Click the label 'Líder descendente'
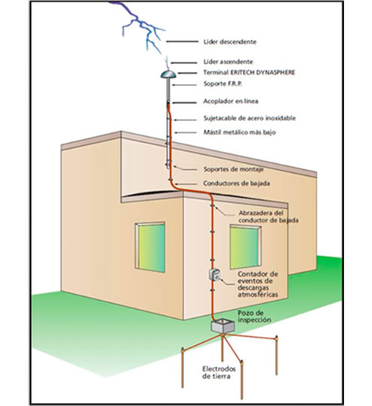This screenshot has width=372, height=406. pyautogui.click(x=230, y=41)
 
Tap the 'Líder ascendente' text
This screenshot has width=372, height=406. pyautogui.click(x=228, y=62)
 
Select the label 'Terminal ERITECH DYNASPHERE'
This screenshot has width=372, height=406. pyautogui.click(x=249, y=72)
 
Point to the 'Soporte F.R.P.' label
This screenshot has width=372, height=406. pyautogui.click(x=223, y=83)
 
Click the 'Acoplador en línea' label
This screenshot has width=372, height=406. pyautogui.click(x=231, y=101)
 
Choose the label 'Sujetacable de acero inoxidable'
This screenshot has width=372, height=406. pyautogui.click(x=250, y=118)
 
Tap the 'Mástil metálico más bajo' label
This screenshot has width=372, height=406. pyautogui.click(x=240, y=132)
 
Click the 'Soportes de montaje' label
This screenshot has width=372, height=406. pyautogui.click(x=234, y=169)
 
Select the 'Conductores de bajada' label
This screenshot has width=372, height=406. pyautogui.click(x=236, y=183)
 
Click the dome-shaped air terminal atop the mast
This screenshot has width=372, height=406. pyautogui.click(x=168, y=74)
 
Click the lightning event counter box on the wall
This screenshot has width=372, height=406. pyautogui.click(x=215, y=274)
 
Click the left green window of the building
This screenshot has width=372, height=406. pyautogui.click(x=150, y=247)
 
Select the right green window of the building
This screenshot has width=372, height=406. pyautogui.click(x=245, y=247)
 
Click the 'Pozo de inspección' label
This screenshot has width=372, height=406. pyautogui.click(x=255, y=316)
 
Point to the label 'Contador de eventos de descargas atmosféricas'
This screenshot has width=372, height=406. pyautogui.click(x=258, y=284)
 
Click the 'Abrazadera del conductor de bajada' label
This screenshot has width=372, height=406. pyautogui.click(x=268, y=217)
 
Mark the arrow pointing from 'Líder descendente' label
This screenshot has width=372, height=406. pyautogui.click(x=182, y=41)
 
